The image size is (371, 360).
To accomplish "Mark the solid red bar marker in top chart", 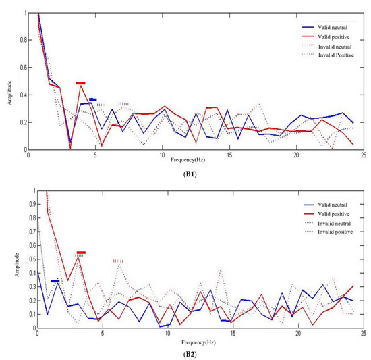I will pos(80,83).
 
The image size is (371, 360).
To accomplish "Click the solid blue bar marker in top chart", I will pos(92,99).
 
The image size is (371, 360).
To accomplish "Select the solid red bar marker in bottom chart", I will pos(81,253).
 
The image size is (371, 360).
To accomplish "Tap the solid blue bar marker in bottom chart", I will pos(55,281).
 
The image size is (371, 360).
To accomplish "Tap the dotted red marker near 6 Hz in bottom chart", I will pos(118,261).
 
